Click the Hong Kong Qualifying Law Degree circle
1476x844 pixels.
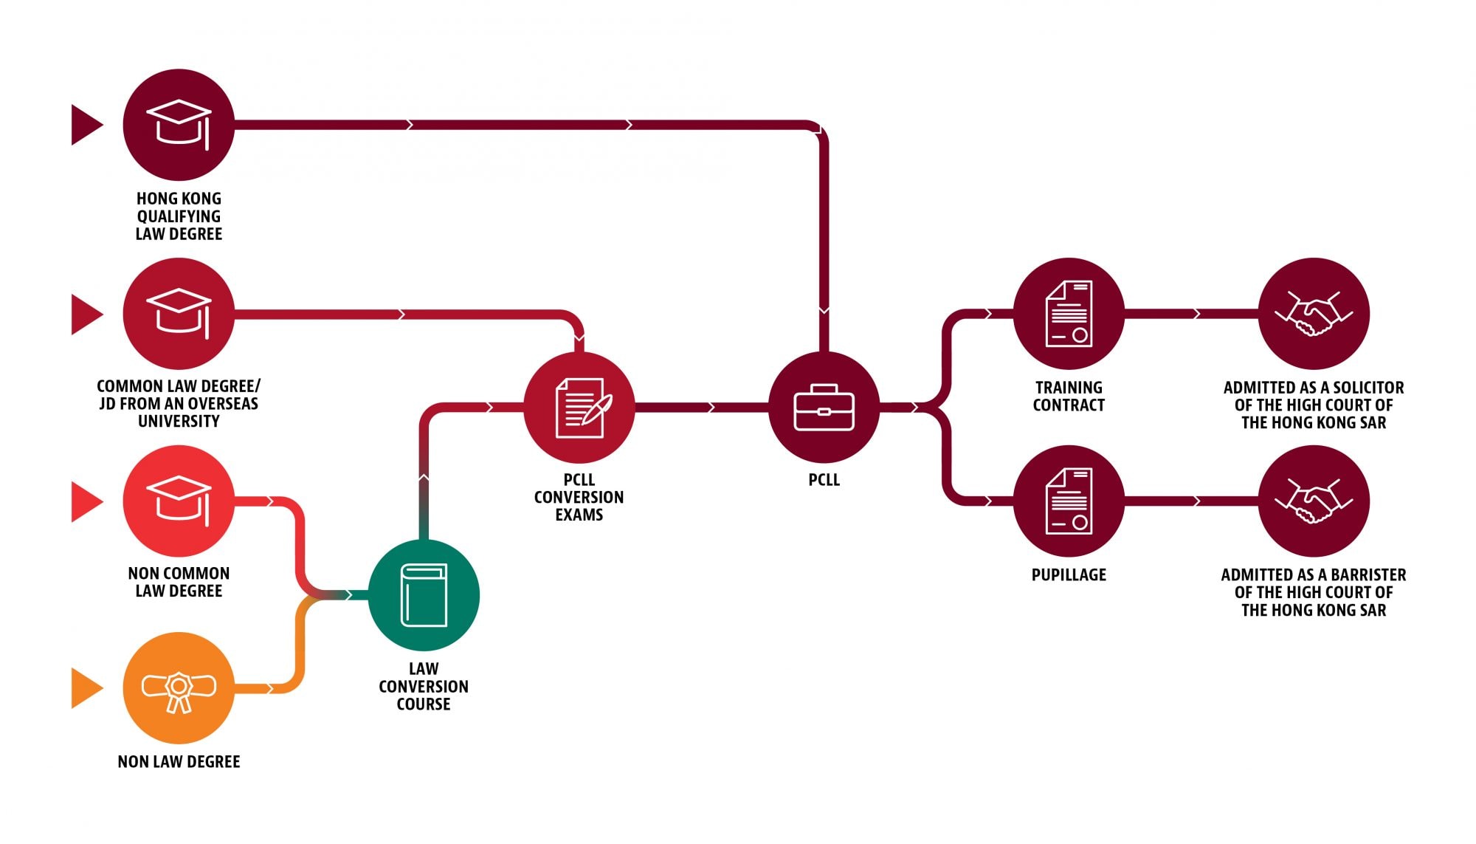179,125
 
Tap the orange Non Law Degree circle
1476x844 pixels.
179,688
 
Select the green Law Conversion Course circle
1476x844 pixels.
424,595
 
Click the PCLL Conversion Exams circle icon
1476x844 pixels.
579,408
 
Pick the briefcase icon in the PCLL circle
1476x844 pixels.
824,408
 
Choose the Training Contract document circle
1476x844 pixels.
1069,314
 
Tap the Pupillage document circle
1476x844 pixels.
1069,501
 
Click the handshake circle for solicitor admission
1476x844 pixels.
1314,314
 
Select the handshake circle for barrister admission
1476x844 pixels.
1314,501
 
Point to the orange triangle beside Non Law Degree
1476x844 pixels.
85,688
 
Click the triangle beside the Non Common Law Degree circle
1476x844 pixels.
85,501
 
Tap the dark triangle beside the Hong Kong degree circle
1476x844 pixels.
85,125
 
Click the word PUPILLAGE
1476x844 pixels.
1069,575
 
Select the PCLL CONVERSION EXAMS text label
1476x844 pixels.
579,498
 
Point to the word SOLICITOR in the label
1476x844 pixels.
1368,388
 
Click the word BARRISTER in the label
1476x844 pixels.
1368,575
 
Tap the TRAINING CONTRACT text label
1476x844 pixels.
1069,397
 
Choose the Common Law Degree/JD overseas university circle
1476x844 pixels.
179,314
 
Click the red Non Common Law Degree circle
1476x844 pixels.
179,501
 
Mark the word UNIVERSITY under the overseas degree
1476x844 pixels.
179,422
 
